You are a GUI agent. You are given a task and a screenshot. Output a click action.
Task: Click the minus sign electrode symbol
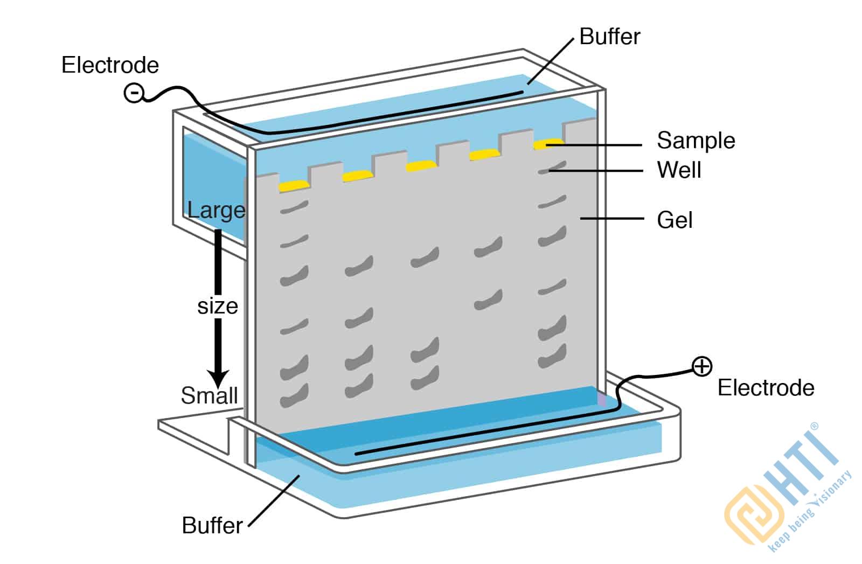click(x=133, y=93)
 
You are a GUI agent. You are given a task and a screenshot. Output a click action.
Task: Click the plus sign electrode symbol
click(x=701, y=366)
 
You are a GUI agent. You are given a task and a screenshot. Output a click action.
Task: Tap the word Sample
click(x=696, y=141)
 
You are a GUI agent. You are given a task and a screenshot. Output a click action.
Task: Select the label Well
click(x=679, y=170)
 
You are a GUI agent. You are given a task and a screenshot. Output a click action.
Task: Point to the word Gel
click(x=675, y=220)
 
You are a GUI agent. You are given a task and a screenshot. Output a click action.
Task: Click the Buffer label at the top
click(x=610, y=37)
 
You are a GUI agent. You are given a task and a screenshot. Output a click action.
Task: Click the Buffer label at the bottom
click(x=212, y=525)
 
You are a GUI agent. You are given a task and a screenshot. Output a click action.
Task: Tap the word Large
click(x=216, y=210)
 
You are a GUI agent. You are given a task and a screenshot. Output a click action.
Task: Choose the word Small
click(x=209, y=396)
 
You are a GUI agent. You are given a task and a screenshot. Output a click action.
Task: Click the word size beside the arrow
click(x=218, y=306)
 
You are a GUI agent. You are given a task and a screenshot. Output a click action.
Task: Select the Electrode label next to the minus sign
click(x=110, y=65)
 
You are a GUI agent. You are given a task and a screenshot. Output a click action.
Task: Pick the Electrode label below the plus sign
click(x=766, y=388)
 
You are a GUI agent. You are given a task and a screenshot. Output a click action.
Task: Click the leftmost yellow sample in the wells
click(x=294, y=186)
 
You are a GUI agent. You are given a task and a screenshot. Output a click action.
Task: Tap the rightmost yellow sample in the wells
click(x=548, y=144)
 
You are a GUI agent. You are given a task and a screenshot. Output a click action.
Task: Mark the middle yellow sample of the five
click(x=421, y=165)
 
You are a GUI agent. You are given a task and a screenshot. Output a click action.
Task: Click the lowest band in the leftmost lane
click(x=294, y=396)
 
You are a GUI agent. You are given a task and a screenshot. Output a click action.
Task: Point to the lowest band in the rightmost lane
click(x=552, y=356)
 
